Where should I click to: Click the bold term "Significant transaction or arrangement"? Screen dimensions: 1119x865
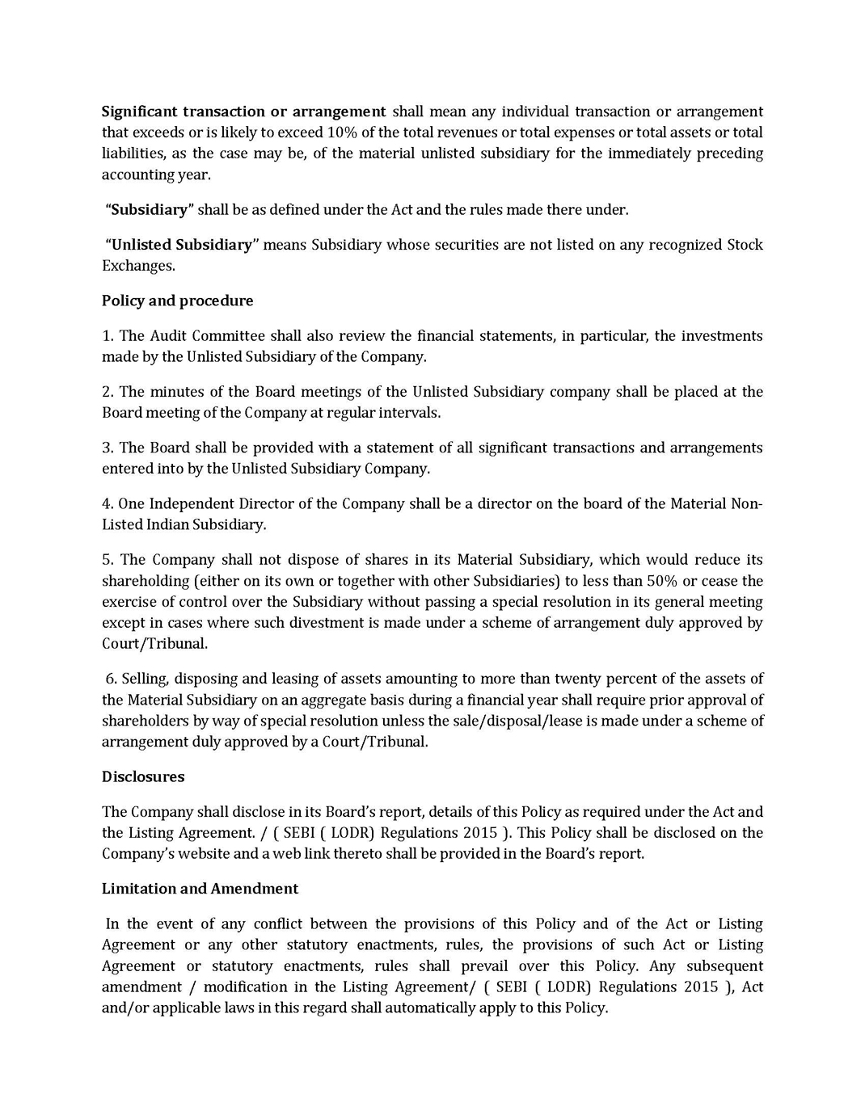243,111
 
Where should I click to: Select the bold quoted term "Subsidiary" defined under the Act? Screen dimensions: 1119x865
150,210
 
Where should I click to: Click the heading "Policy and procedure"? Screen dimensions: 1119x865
177,301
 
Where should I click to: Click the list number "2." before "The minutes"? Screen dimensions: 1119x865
108,392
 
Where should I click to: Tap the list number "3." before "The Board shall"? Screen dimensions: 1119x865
108,448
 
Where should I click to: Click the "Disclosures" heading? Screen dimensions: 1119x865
143,776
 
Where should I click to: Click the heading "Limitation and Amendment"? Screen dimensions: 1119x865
200,889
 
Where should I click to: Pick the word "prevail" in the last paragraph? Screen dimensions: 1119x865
484,966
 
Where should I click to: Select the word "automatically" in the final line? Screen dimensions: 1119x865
429,1008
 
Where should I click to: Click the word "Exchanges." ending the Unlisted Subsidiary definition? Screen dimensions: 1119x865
138,266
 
